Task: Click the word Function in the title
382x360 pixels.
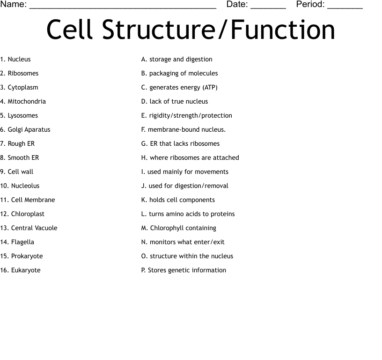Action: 283,30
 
